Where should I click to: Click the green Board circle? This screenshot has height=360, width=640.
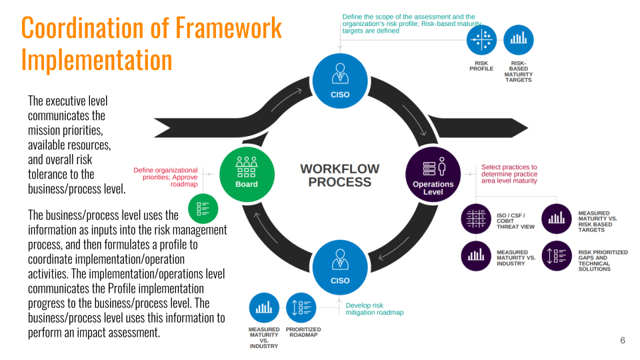click(x=247, y=175)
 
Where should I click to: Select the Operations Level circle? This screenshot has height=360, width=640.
click(x=433, y=175)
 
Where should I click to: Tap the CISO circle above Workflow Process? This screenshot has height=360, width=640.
click(x=340, y=81)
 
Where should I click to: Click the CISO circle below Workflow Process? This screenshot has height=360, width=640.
click(x=340, y=267)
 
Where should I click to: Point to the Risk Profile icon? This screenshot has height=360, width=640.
click(x=481, y=40)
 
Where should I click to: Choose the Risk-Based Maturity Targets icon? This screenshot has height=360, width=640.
click(x=519, y=40)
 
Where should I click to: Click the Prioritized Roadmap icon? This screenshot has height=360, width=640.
click(x=301, y=308)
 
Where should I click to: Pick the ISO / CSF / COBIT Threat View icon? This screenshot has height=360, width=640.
click(x=476, y=219)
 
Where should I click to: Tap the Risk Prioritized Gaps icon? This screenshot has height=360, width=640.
click(x=557, y=256)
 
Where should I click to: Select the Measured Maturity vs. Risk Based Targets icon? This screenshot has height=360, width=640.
click(x=557, y=219)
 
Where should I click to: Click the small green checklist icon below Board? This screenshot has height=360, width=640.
click(x=203, y=209)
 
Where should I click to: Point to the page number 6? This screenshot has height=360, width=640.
click(x=623, y=340)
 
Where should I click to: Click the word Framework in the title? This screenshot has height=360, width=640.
click(x=229, y=28)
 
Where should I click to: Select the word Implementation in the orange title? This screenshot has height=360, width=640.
click(x=97, y=60)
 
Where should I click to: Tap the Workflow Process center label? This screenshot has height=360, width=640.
click(x=340, y=175)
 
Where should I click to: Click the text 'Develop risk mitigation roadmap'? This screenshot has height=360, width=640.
click(x=375, y=309)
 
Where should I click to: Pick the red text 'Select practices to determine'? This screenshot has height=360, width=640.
click(x=509, y=171)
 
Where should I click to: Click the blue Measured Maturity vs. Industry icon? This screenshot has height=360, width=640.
click(x=264, y=308)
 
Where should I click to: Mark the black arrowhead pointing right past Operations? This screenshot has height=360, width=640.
click(x=519, y=127)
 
